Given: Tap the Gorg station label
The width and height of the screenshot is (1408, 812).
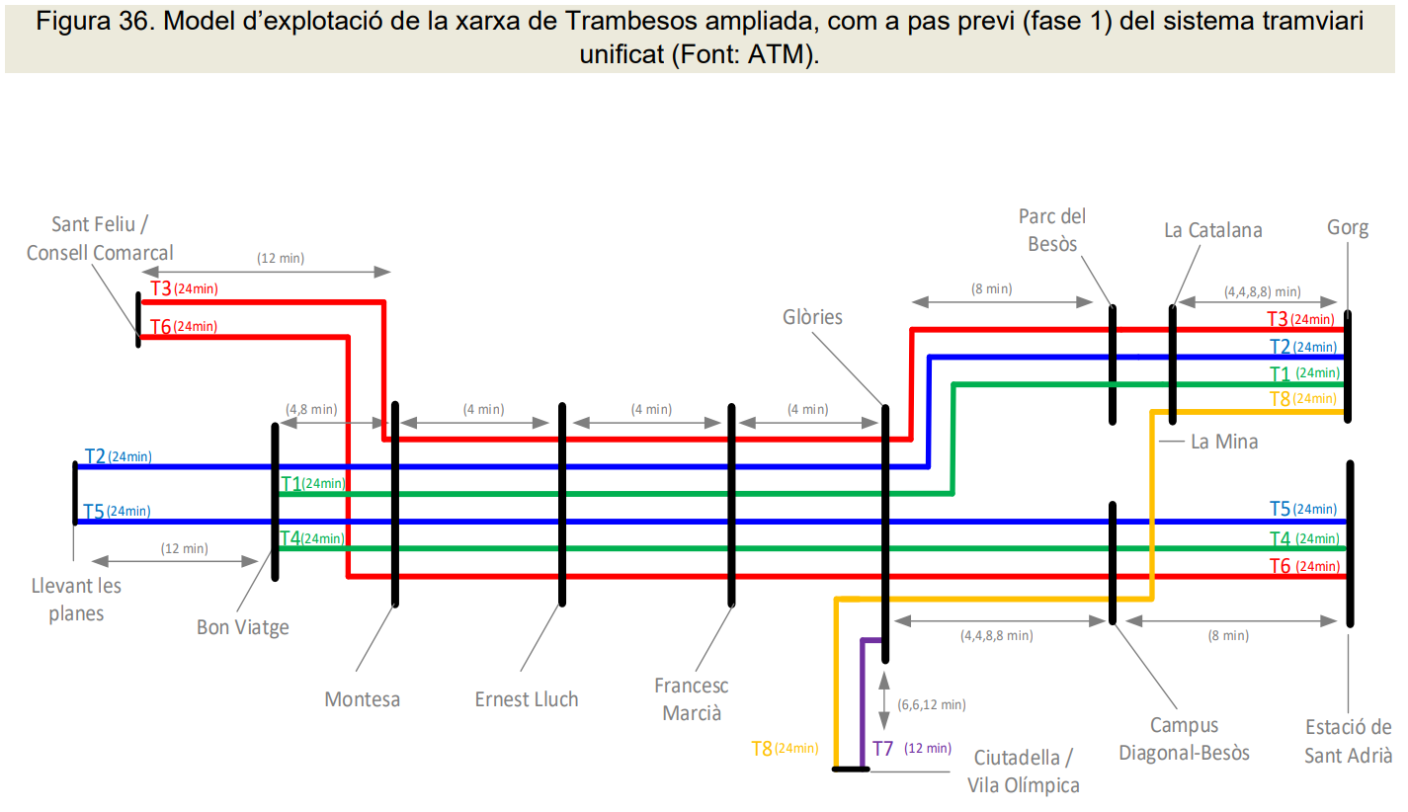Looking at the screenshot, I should click(1348, 228).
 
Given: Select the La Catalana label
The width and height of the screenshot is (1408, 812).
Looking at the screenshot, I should click(1212, 230).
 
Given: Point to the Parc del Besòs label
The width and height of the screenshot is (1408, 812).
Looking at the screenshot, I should click(1052, 229).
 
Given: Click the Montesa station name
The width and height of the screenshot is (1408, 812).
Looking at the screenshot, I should click(363, 699).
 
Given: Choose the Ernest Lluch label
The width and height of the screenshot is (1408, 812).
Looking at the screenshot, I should click(527, 699).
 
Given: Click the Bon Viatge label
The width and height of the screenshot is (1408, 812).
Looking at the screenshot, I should click(242, 626).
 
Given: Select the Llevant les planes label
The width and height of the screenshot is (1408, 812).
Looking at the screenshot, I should click(76, 599).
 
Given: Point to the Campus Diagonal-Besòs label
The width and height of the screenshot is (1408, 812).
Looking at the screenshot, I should click(1184, 739).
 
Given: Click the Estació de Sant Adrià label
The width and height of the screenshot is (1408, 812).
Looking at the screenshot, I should click(1349, 741).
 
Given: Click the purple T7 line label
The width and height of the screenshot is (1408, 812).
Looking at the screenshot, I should click(882, 749).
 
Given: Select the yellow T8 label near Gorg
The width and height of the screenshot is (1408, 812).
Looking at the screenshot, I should click(1279, 399).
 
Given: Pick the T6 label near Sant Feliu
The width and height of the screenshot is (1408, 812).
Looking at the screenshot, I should click(160, 327).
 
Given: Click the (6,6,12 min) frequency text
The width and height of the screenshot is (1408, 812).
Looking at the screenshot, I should click(931, 704).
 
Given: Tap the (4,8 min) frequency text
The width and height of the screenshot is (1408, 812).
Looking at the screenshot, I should click(311, 408).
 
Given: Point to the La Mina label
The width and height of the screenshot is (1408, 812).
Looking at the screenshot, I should click(1224, 442).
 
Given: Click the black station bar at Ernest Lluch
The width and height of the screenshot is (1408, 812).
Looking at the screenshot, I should click(562, 504).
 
